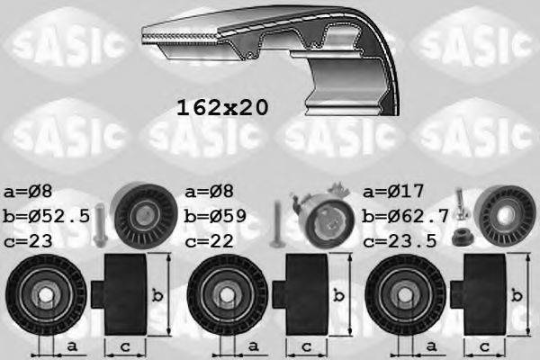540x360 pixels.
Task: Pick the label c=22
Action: click(209, 241)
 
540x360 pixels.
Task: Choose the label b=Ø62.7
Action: click(402, 216)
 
